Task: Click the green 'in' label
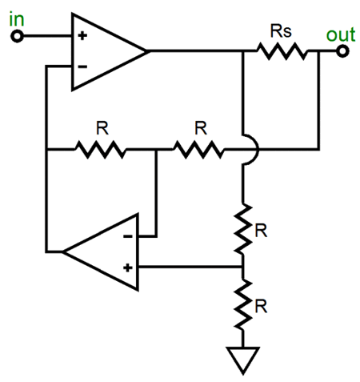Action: tap(17, 19)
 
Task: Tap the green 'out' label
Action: tap(341, 34)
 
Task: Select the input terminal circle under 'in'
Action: tap(17, 36)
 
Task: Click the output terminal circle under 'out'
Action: tap(342, 50)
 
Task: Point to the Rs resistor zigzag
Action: tap(282, 50)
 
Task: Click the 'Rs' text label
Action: tap(281, 31)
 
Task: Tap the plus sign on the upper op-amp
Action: tap(82, 35)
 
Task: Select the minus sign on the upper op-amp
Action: tap(82, 66)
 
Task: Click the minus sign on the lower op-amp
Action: tap(128, 236)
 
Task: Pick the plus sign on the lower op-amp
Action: tap(128, 267)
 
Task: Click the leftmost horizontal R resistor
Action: tap(101, 150)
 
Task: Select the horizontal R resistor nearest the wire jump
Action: tap(198, 150)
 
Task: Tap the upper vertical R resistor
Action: tap(243, 229)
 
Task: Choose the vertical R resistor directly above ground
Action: tap(243, 304)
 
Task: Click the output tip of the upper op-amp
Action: tap(147, 50)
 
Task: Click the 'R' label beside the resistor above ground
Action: tap(261, 306)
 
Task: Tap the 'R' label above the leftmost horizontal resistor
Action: tap(102, 128)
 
